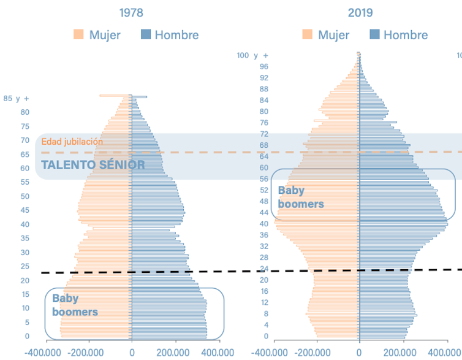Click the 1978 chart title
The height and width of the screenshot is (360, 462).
click(x=131, y=12)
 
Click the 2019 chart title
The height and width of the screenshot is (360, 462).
click(x=360, y=12)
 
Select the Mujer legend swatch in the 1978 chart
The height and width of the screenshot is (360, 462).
click(x=78, y=35)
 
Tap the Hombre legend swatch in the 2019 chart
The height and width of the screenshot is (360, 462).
click(x=375, y=35)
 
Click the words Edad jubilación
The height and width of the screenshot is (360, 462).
click(x=72, y=142)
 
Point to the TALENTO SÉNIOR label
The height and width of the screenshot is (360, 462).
click(x=93, y=165)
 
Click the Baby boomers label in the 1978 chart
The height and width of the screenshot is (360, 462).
click(x=75, y=305)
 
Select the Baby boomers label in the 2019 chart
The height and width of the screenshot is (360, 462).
click(x=300, y=197)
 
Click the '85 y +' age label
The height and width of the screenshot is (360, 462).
click(x=16, y=98)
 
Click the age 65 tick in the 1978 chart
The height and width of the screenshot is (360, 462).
click(x=25, y=154)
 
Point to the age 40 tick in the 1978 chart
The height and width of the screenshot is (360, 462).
click(x=25, y=224)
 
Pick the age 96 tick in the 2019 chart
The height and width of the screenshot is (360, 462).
click(x=264, y=67)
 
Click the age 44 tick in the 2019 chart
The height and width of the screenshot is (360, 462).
click(x=264, y=213)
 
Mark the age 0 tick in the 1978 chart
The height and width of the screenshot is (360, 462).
click(x=28, y=337)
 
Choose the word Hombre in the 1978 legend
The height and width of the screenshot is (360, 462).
click(x=176, y=35)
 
